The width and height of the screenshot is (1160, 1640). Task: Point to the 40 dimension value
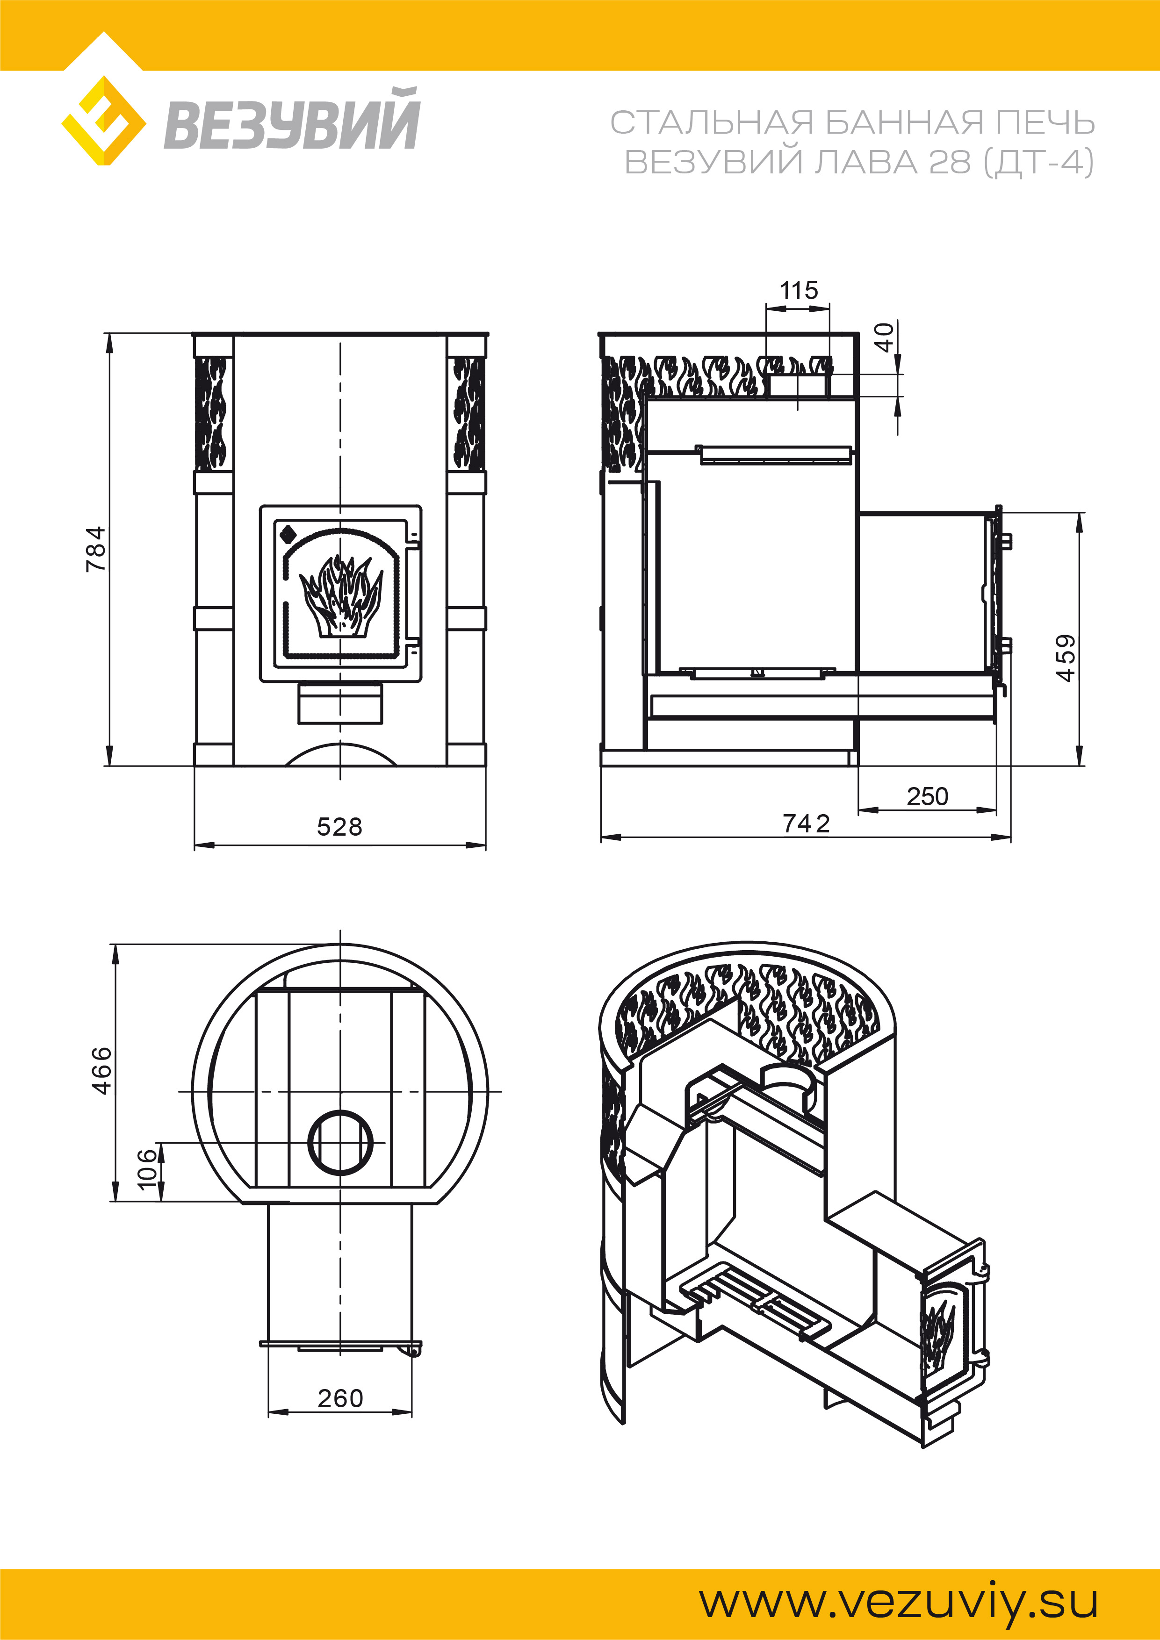[x=885, y=337]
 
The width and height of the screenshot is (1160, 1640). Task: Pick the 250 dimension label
[x=927, y=796]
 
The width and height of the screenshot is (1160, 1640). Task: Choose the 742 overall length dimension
[x=806, y=824]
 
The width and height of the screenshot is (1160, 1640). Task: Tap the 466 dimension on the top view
[x=103, y=1070]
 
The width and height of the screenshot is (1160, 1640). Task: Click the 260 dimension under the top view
[x=340, y=1398]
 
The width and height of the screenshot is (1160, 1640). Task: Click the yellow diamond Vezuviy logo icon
[x=104, y=121]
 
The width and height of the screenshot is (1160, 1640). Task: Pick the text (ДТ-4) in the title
[x=1038, y=162]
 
